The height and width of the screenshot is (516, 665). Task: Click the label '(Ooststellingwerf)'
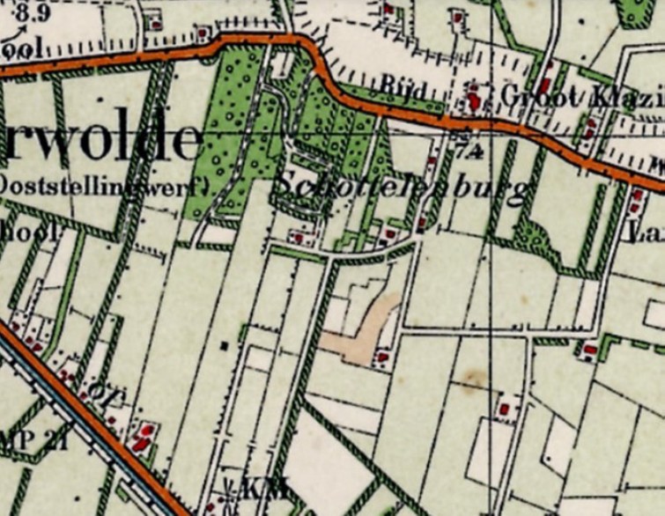pos(97,186)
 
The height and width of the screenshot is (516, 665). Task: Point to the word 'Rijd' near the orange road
pos(404,88)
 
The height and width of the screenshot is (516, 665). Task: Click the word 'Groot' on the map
pos(534,95)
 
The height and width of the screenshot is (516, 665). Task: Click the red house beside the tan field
pos(382,357)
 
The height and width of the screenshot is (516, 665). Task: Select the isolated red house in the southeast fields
pos(504,408)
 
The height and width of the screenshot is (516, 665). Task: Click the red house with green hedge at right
pos(588,350)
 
